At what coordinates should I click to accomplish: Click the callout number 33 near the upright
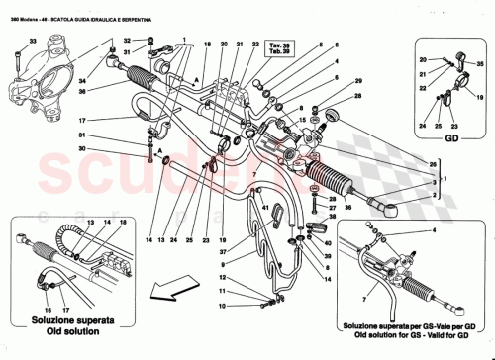33,39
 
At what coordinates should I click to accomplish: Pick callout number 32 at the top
127,40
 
